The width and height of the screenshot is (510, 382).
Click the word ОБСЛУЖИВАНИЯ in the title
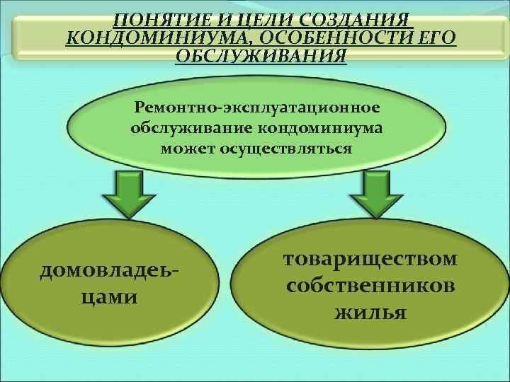(261, 56)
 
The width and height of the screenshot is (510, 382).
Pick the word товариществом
(370, 259)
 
